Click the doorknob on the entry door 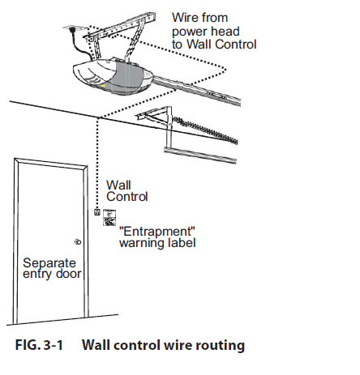[x=78, y=242]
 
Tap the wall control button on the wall [x=97, y=212]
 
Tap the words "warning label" [x=157, y=241]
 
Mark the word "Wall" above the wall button [x=118, y=185]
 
